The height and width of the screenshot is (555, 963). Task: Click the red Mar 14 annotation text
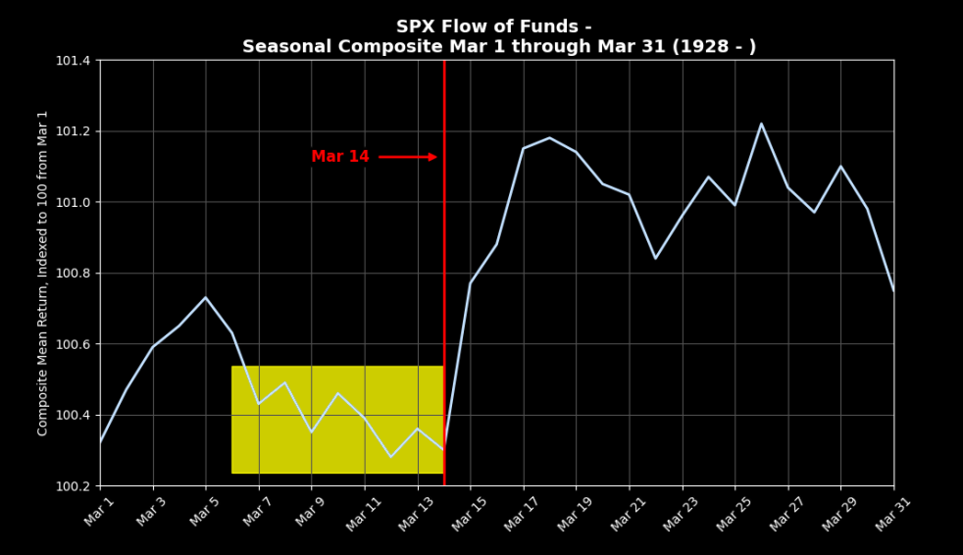pos(340,157)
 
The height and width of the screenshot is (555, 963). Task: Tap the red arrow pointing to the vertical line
pos(408,157)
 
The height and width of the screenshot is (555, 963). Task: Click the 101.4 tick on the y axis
pos(73,61)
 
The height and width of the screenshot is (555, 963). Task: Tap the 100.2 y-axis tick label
pos(73,486)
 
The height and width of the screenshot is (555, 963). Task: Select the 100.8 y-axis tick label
pos(73,274)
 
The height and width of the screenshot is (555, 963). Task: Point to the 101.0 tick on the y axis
pos(73,202)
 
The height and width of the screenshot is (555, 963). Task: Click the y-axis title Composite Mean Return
pos(43,273)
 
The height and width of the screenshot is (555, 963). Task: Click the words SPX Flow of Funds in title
pos(493,27)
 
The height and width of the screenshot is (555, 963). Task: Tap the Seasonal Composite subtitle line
pos(499,47)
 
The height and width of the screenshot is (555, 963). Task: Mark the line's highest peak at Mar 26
pos(761,124)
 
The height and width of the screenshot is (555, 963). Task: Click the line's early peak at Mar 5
pos(206,297)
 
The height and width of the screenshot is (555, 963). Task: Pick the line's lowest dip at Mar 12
pos(390,457)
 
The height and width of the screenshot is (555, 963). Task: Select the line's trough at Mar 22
pos(655,258)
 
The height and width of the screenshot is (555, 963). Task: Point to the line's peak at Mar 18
pos(549,138)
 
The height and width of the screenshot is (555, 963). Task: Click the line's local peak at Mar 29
pos(840,167)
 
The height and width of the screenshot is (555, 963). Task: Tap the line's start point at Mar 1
pos(100,442)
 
